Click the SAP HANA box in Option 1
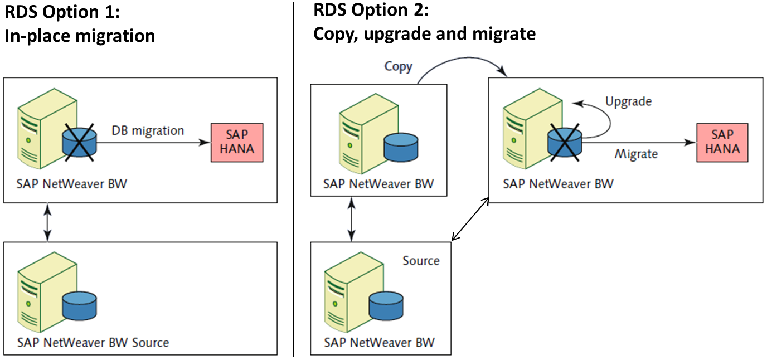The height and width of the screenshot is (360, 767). [237, 143]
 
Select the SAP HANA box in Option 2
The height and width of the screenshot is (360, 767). [722, 143]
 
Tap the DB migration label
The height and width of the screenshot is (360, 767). [147, 130]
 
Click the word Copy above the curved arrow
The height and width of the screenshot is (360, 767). [399, 67]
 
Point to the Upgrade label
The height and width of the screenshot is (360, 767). [628, 102]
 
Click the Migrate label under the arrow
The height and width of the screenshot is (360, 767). [636, 154]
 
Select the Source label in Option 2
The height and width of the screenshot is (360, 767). [421, 261]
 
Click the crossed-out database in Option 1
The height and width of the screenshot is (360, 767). [79, 142]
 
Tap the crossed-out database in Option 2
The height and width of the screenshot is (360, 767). [565, 142]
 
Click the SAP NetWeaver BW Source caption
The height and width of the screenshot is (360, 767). [93, 342]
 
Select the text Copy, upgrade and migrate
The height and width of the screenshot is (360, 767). [424, 34]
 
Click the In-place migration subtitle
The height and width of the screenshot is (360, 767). [80, 36]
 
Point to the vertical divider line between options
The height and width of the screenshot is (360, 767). [293, 178]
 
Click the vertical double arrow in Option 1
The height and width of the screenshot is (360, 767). [47, 222]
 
